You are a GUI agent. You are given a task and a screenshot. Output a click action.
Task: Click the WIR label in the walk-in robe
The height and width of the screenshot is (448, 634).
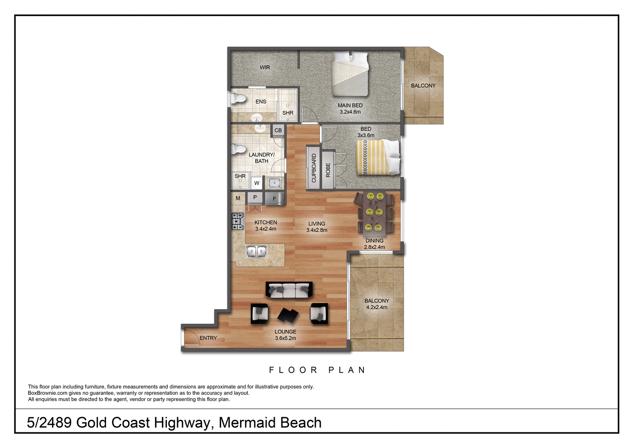[x=265, y=68]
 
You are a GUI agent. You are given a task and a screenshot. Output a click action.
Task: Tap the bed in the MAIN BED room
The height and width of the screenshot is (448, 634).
[x=350, y=74]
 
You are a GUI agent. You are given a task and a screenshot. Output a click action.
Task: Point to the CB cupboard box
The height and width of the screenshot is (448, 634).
[x=278, y=130]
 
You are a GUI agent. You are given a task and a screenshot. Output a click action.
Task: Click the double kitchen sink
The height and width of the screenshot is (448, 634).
[x=257, y=252]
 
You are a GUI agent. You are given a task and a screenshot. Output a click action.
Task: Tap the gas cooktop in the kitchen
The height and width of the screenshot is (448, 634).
[x=238, y=221]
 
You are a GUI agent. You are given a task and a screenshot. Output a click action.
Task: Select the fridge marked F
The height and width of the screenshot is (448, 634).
[x=274, y=198]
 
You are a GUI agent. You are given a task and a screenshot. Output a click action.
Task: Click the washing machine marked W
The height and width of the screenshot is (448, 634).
[x=257, y=183]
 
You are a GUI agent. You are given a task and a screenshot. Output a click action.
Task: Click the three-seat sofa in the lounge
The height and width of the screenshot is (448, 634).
[x=289, y=290]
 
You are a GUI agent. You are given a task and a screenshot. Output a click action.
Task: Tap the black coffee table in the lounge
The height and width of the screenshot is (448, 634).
[x=288, y=315]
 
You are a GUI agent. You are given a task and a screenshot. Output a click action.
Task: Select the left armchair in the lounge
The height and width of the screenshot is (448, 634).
[x=260, y=314]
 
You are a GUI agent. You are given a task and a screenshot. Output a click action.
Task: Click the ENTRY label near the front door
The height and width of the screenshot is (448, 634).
[x=208, y=338]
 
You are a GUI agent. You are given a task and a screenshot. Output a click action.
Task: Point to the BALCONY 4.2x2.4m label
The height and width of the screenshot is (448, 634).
[x=377, y=304]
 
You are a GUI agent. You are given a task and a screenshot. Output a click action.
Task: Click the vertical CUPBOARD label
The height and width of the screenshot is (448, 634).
[x=314, y=168]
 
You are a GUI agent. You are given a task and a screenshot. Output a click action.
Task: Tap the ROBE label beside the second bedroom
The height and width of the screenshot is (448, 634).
[x=328, y=170]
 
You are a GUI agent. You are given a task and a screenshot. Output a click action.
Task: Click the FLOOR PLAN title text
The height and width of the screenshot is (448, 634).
[x=317, y=370]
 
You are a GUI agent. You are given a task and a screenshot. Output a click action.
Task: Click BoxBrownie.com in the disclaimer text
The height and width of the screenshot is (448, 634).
[x=48, y=393]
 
